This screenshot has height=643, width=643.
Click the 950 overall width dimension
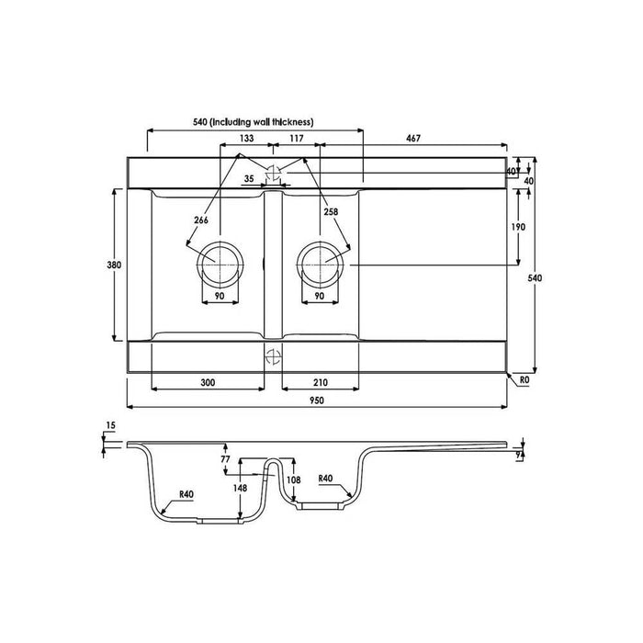point(316,400)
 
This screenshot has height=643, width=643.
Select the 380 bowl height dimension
point(114,265)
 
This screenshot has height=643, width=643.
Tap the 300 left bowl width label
point(208,383)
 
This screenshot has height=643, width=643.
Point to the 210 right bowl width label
point(321,383)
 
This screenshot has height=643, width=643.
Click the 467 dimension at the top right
point(413,139)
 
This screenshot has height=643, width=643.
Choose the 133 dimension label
point(246,138)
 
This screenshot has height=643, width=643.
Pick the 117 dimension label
point(297,138)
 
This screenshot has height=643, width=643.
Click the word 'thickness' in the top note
point(295,122)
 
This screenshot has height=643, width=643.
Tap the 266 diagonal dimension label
point(201,220)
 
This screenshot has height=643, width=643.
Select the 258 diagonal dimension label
point(331,211)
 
